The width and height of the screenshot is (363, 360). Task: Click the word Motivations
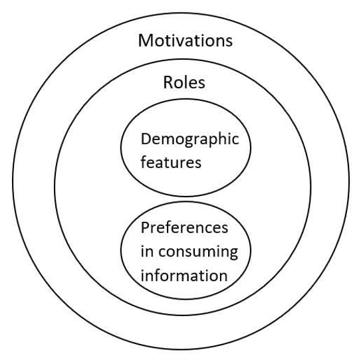[x=185, y=41]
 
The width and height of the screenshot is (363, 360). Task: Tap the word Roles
[x=184, y=82]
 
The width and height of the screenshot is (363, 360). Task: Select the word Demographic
[x=189, y=139]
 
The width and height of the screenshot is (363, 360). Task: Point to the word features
[x=171, y=161]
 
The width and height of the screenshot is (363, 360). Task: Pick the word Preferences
[x=184, y=228]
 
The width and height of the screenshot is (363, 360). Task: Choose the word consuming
[x=198, y=252]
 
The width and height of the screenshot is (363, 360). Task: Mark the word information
[x=184, y=275]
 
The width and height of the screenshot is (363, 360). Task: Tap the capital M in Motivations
[x=146, y=41]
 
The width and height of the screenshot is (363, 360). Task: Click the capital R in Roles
[x=168, y=82]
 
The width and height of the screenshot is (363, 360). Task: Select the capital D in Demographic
[x=146, y=139]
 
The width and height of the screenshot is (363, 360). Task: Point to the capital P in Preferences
[x=145, y=228]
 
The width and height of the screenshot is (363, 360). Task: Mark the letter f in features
[x=144, y=161]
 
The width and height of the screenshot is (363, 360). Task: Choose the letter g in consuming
[x=233, y=254]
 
